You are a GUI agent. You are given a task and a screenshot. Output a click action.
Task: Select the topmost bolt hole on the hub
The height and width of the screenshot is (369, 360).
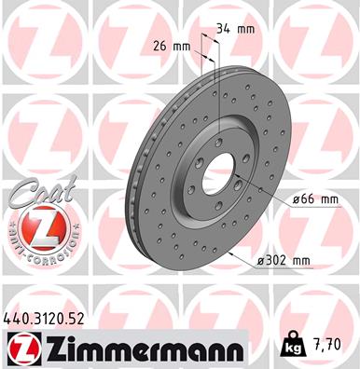click(217, 141)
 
